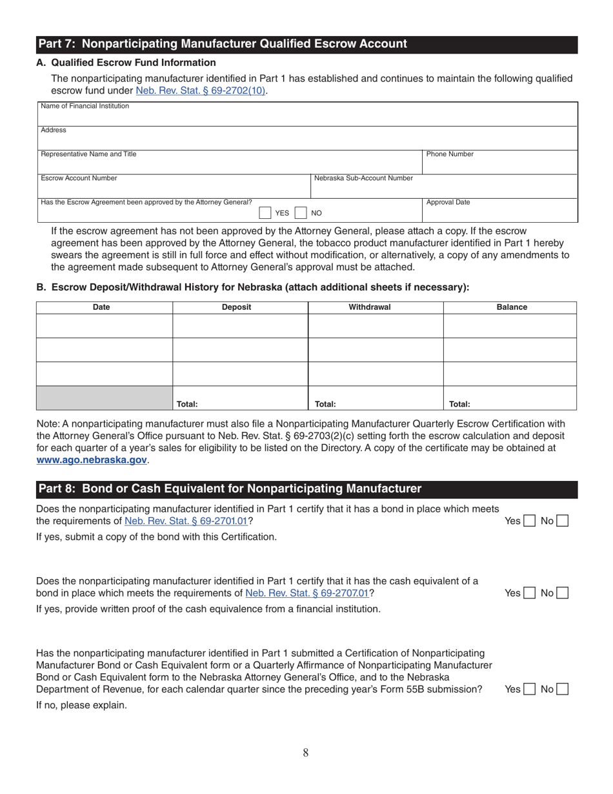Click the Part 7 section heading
pyautogui.click(x=223, y=44)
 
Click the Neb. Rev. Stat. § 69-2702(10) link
pyautogui.click(x=201, y=91)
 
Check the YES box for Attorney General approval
pyautogui.click(x=265, y=213)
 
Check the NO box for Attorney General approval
pyautogui.click(x=300, y=213)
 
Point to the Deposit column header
pyautogui.click(x=236, y=307)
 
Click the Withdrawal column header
pyautogui.click(x=370, y=307)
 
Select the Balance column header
pyautogui.click(x=511, y=307)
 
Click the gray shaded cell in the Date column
pyautogui.click(x=105, y=398)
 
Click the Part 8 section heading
pyautogui.click(x=229, y=489)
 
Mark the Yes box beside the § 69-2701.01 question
pyautogui.click(x=528, y=521)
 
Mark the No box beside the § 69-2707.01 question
pyautogui.click(x=561, y=593)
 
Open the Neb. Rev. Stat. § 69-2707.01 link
pyautogui.click(x=307, y=593)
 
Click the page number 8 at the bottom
pyautogui.click(x=306, y=752)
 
